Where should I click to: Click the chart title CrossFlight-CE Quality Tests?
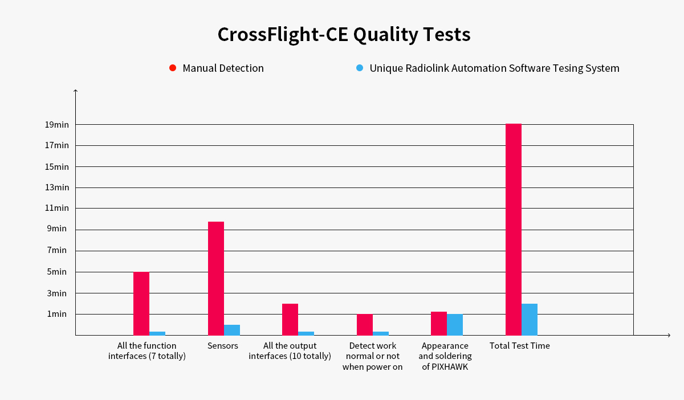(x=344, y=35)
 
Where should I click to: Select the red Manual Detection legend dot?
(x=173, y=68)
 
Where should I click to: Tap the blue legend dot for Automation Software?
(x=360, y=68)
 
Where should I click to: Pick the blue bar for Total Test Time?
(x=530, y=320)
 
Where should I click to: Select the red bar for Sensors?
(x=216, y=278)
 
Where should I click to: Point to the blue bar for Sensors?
(x=232, y=330)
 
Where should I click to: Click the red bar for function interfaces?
(x=141, y=304)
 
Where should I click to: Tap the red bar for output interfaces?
(x=290, y=320)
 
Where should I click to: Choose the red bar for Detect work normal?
(x=365, y=325)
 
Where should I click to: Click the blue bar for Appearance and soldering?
(x=455, y=325)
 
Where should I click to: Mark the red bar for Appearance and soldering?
(x=439, y=324)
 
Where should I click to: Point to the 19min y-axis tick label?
(x=57, y=125)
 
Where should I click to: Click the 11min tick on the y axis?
(x=57, y=208)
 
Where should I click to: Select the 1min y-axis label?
(x=57, y=314)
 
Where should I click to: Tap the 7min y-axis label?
(x=57, y=250)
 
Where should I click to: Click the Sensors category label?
(x=223, y=346)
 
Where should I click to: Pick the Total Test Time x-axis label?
(x=520, y=346)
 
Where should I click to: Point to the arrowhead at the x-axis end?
(x=668, y=335)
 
